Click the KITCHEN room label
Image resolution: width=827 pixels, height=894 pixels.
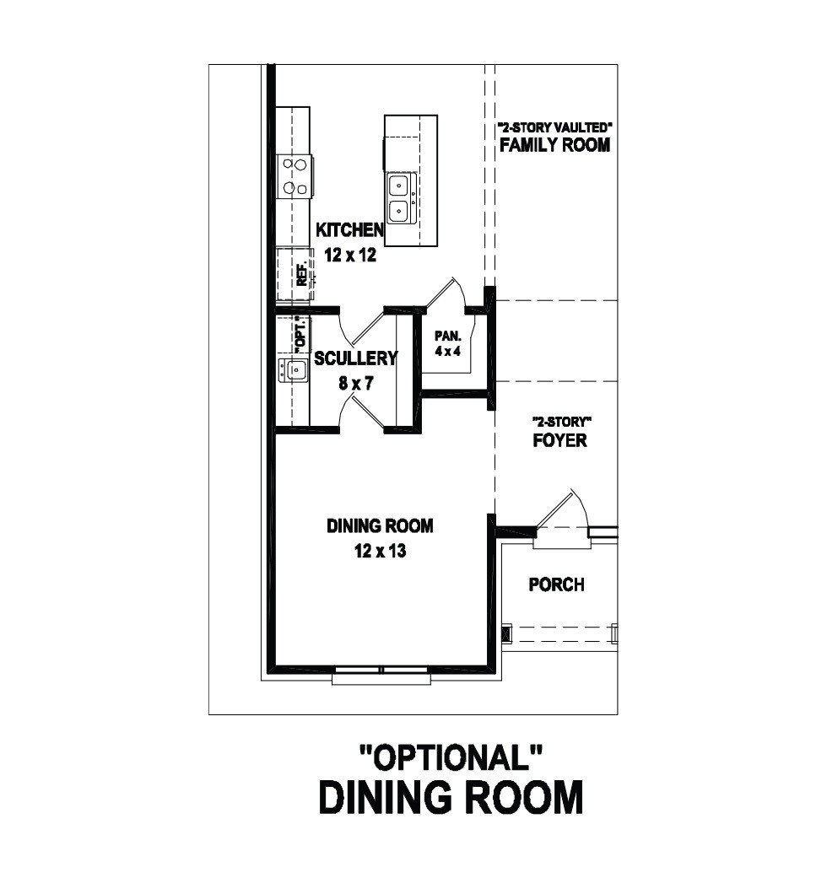point(349,229)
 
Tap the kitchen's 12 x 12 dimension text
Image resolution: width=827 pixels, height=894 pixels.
point(351,255)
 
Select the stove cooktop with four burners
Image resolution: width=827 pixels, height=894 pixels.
point(295,177)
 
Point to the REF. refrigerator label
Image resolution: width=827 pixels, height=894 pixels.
point(302,273)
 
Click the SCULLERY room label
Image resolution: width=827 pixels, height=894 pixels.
point(355,358)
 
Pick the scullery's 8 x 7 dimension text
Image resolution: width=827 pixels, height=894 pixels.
point(356,383)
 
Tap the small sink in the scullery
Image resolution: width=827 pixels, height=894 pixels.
point(293,370)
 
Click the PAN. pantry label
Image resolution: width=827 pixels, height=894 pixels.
point(448,337)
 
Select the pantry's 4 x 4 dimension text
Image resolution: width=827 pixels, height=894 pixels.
point(448,351)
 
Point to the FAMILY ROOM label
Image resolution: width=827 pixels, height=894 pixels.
point(555,145)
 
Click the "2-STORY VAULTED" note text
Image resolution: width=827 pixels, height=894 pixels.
point(555,127)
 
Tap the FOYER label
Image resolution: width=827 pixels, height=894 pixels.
point(560,440)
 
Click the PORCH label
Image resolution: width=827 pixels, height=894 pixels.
point(557,585)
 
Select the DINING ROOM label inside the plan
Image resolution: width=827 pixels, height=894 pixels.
point(380,525)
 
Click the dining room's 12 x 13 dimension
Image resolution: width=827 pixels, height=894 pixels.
point(380,551)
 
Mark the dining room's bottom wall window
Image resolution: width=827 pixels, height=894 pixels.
point(381,674)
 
